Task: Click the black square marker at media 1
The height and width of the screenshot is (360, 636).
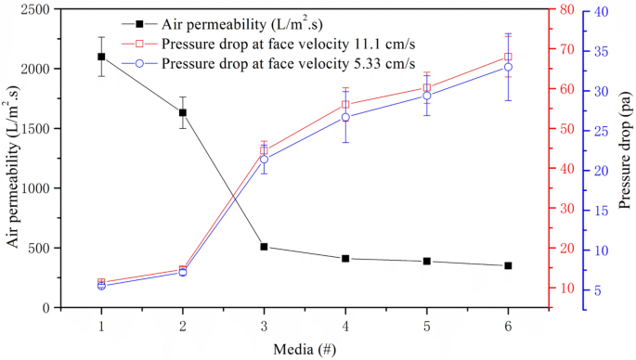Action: pyautogui.click(x=101, y=57)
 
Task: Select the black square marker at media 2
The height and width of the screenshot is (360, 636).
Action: pyautogui.click(x=183, y=113)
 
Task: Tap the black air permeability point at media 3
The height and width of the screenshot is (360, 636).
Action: pyautogui.click(x=264, y=247)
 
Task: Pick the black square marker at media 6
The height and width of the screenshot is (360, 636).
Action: pyautogui.click(x=508, y=265)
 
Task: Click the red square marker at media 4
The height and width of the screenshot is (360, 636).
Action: pyautogui.click(x=345, y=105)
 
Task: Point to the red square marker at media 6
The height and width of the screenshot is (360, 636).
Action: pyautogui.click(x=508, y=57)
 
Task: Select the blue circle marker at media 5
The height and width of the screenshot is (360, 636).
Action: pyautogui.click(x=427, y=96)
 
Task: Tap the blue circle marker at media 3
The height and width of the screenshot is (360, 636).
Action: pyautogui.click(x=264, y=160)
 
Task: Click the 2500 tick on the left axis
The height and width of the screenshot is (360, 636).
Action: pyautogui.click(x=42, y=9)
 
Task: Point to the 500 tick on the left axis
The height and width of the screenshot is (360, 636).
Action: pyautogui.click(x=45, y=248)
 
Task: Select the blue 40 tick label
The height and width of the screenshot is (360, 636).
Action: pyautogui.click(x=601, y=10)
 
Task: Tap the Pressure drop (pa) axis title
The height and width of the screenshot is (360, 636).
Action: pyautogui.click(x=626, y=158)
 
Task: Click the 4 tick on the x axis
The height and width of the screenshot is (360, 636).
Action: pyautogui.click(x=345, y=326)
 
